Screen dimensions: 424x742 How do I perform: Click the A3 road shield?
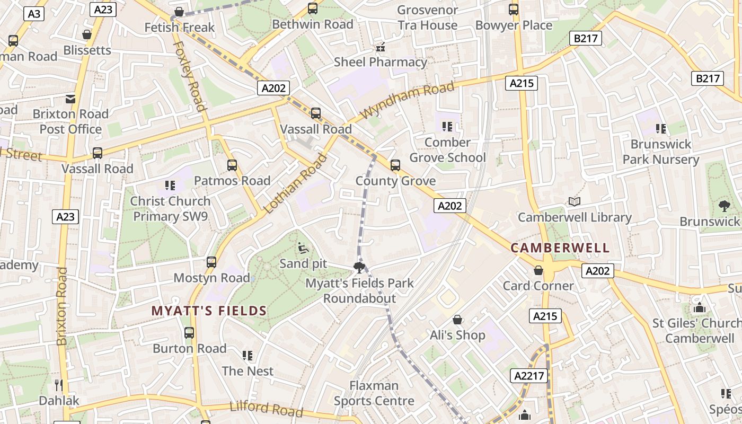34,14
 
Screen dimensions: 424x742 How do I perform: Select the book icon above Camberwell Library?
575,201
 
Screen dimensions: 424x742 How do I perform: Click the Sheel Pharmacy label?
380,62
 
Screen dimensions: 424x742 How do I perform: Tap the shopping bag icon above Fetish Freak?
180,12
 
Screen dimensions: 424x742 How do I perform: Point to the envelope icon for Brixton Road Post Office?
70,99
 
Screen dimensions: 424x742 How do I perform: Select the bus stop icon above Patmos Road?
232,165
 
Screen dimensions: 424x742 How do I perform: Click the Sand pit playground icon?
303,248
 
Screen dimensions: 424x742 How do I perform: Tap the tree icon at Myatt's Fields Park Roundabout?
359,267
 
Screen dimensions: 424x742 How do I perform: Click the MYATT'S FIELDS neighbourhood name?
209,311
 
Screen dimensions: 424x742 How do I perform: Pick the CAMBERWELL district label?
560,248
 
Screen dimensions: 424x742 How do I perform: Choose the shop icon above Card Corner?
538,270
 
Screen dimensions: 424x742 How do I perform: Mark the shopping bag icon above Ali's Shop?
457,320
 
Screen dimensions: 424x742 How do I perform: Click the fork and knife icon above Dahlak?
59,385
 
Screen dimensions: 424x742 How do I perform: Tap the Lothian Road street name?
295,183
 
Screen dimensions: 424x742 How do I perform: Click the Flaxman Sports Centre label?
374,393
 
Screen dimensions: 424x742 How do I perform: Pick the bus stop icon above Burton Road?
189,333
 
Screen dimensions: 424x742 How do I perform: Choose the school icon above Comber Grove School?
447,127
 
